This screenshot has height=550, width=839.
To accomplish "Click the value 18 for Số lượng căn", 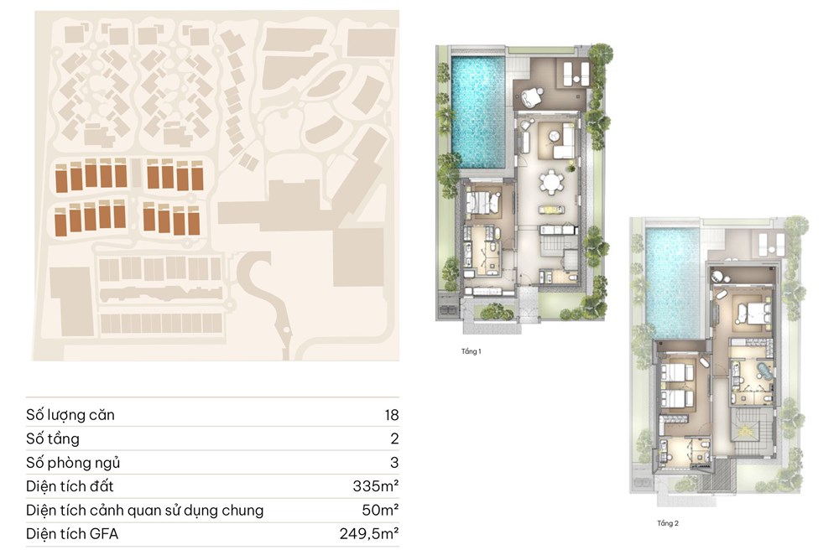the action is (392, 415).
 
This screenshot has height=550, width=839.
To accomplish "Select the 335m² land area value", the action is (376, 485).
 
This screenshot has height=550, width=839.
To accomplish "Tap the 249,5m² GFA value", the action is (369, 533).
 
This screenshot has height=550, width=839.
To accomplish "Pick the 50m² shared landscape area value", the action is (380, 510).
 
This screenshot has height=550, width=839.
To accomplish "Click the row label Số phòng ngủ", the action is (73, 463).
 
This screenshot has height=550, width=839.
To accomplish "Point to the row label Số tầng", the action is (52, 438).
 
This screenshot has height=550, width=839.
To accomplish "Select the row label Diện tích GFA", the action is (72, 533).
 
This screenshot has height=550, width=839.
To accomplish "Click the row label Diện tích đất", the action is (70, 485).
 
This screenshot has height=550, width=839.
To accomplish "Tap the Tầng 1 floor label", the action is (471, 351).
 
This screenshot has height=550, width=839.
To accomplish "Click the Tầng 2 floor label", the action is (667, 523).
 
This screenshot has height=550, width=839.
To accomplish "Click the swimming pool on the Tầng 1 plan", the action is (478, 112).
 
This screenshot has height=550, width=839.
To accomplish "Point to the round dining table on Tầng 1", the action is (552, 180).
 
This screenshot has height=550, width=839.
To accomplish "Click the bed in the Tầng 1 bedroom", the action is (482, 203).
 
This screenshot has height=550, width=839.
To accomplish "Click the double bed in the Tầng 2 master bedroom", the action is (753, 313).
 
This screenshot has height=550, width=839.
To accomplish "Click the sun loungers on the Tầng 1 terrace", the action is (576, 73).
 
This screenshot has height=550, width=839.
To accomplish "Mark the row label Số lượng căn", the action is (70, 415).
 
